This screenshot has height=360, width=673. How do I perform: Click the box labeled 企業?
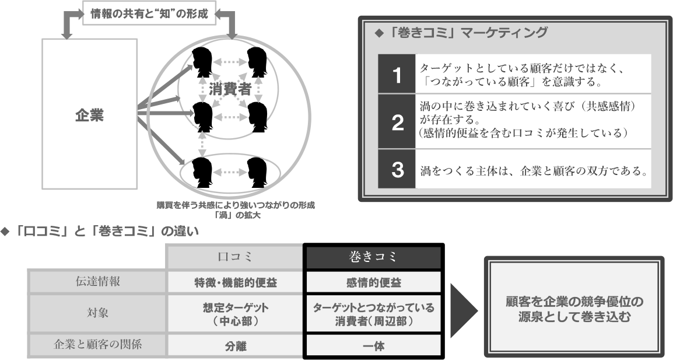click(x=89, y=115)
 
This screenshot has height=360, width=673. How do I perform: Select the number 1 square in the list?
click(x=396, y=76)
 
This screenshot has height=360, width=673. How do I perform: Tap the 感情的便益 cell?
click(x=373, y=283)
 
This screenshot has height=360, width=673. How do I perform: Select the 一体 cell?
click(x=373, y=345)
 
